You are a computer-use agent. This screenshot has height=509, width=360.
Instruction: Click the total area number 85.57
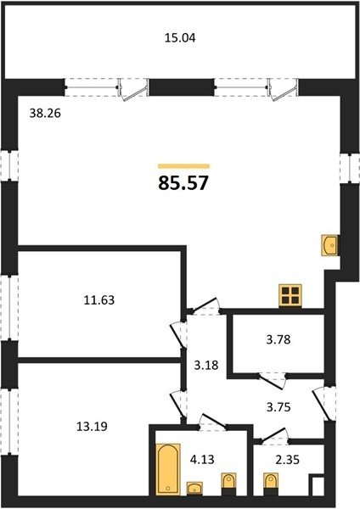pos(183,183)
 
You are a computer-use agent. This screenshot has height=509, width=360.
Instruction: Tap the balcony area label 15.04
pos(180,38)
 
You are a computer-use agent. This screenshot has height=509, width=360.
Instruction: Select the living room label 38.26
pos(45,114)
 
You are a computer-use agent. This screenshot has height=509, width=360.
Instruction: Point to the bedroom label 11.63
pos(99,300)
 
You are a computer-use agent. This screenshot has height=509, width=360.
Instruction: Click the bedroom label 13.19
pos(92,426)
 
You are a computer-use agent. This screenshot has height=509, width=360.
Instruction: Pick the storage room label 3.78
pos(278,340)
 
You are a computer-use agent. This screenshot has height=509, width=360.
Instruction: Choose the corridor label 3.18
pos(206,365)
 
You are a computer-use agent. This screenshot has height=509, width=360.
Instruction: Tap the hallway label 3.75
pos(278,406)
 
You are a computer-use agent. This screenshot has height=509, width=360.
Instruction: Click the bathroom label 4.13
pos(202,459)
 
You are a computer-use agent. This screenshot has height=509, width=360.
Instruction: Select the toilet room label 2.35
pos(288,460)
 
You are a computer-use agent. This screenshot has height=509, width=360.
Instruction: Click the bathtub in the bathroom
pos(168,469)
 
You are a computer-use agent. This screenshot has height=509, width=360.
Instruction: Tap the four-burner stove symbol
pos(290,295)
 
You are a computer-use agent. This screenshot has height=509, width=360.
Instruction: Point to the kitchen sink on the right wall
pos(330,245)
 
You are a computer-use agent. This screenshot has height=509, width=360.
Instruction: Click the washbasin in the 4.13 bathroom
pos(195,489)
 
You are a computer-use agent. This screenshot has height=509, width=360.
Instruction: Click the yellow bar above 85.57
pos(184,166)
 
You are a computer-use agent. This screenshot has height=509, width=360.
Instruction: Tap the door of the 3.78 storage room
pos(272,381)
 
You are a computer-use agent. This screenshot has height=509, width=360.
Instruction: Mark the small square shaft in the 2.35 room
pos(317,485)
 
